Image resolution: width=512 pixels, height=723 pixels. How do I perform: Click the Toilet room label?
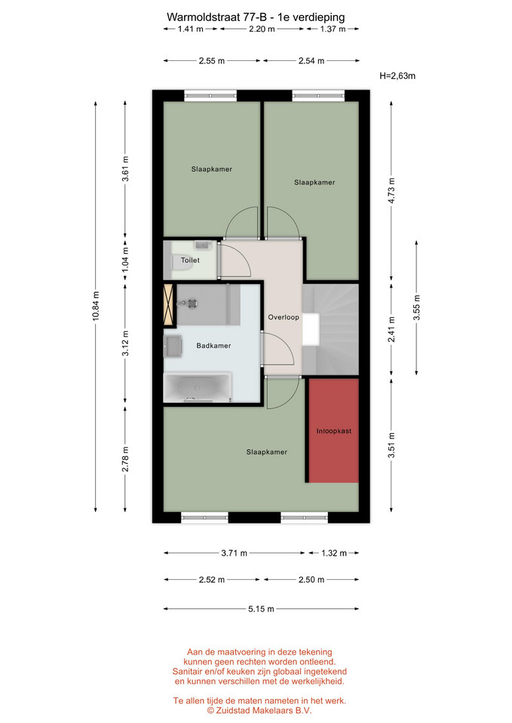tap(190, 261)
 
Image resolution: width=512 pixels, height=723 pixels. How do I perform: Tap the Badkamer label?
tap(213, 346)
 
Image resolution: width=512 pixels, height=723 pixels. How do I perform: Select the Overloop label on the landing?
tap(284, 317)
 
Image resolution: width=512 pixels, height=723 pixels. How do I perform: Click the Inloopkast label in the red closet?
tap(334, 431)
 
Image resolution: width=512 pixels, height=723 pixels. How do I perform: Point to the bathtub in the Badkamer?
tap(198, 386)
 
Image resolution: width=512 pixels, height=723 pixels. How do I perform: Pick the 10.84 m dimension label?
tap(96, 306)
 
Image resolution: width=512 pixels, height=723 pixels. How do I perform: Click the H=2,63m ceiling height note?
tap(397, 76)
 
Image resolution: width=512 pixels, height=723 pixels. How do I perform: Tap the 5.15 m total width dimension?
tap(262, 609)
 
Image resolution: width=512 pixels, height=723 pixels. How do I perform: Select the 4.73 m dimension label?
tap(391, 191)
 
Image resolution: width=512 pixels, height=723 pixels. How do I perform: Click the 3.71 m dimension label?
tap(234, 553)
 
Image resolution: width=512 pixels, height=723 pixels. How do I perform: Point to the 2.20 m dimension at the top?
tap(262, 29)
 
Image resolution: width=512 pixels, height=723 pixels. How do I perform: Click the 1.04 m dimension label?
tap(125, 260)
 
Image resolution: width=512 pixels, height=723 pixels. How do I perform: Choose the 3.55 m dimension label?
tap(416, 307)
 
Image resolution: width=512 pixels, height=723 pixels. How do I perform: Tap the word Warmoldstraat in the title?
tap(204, 17)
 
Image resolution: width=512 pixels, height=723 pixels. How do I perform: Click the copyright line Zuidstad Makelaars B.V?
tap(259, 710)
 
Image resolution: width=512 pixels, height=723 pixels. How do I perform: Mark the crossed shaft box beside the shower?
tap(168, 304)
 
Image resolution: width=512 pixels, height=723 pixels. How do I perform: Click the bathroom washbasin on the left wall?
tap(172, 346)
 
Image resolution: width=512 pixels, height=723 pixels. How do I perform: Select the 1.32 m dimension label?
tap(334, 553)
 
